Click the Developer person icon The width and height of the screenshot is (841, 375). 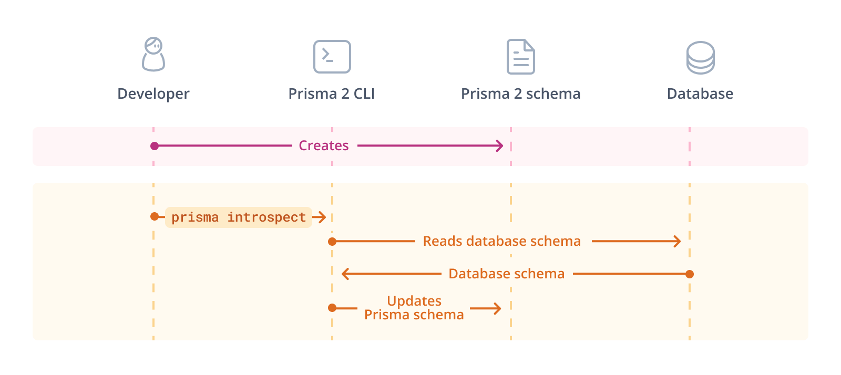[x=153, y=54]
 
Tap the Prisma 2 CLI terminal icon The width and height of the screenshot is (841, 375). [x=332, y=57]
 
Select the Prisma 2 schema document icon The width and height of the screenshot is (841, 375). [x=520, y=57]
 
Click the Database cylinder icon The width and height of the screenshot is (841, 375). [x=700, y=58]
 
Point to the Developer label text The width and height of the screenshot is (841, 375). [x=153, y=94]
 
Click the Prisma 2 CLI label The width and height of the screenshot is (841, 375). [x=332, y=94]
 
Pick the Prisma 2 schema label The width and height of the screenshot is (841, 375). [x=520, y=94]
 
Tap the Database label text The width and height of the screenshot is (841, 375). [x=700, y=94]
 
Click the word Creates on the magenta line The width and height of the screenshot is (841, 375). [x=324, y=145]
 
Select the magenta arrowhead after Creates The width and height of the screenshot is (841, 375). [x=500, y=145]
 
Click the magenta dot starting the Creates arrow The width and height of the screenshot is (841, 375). [x=155, y=146]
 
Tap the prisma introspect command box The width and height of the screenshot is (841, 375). [x=239, y=217]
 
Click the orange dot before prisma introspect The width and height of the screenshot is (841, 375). [x=155, y=216]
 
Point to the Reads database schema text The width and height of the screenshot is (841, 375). [x=501, y=241]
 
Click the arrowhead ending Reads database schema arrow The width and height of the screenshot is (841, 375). [x=678, y=241]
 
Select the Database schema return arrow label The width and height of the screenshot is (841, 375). [x=506, y=274]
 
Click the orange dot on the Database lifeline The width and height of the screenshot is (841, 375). [x=690, y=274]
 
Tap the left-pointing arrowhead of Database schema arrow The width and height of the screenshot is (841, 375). [x=345, y=274]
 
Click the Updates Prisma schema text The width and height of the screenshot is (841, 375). [x=414, y=308]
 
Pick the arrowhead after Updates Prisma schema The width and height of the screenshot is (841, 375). [x=497, y=308]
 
